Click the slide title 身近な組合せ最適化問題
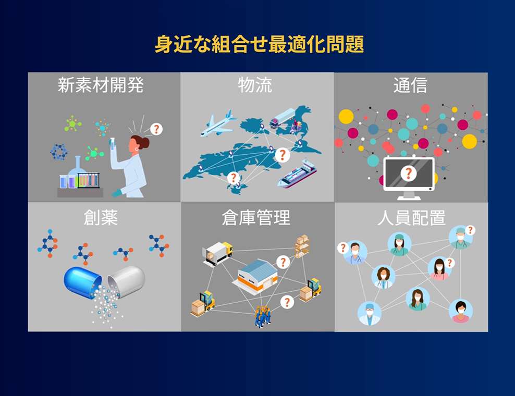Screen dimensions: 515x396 click(x=259, y=44)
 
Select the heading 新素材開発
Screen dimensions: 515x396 click(x=101, y=85)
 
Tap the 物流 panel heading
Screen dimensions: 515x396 click(x=255, y=85)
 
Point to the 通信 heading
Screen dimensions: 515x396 click(x=410, y=85)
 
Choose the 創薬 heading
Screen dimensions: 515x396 click(x=101, y=217)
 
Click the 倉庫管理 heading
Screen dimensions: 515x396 click(x=256, y=217)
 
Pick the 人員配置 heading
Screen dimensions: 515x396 click(x=411, y=217)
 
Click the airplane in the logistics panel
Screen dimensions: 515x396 click(x=218, y=124)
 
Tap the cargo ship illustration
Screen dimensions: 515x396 click(x=297, y=174)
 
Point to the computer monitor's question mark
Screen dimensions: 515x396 click(x=409, y=173)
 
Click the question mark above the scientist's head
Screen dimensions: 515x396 click(x=156, y=129)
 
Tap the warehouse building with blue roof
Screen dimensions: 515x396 click(x=255, y=276)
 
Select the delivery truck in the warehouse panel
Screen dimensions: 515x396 click(x=217, y=253)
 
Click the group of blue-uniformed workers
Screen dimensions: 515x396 click(x=263, y=316)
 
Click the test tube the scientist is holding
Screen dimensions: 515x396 click(x=112, y=144)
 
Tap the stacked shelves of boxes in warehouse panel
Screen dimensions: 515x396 click(x=302, y=246)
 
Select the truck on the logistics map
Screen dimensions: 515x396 click(x=283, y=118)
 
